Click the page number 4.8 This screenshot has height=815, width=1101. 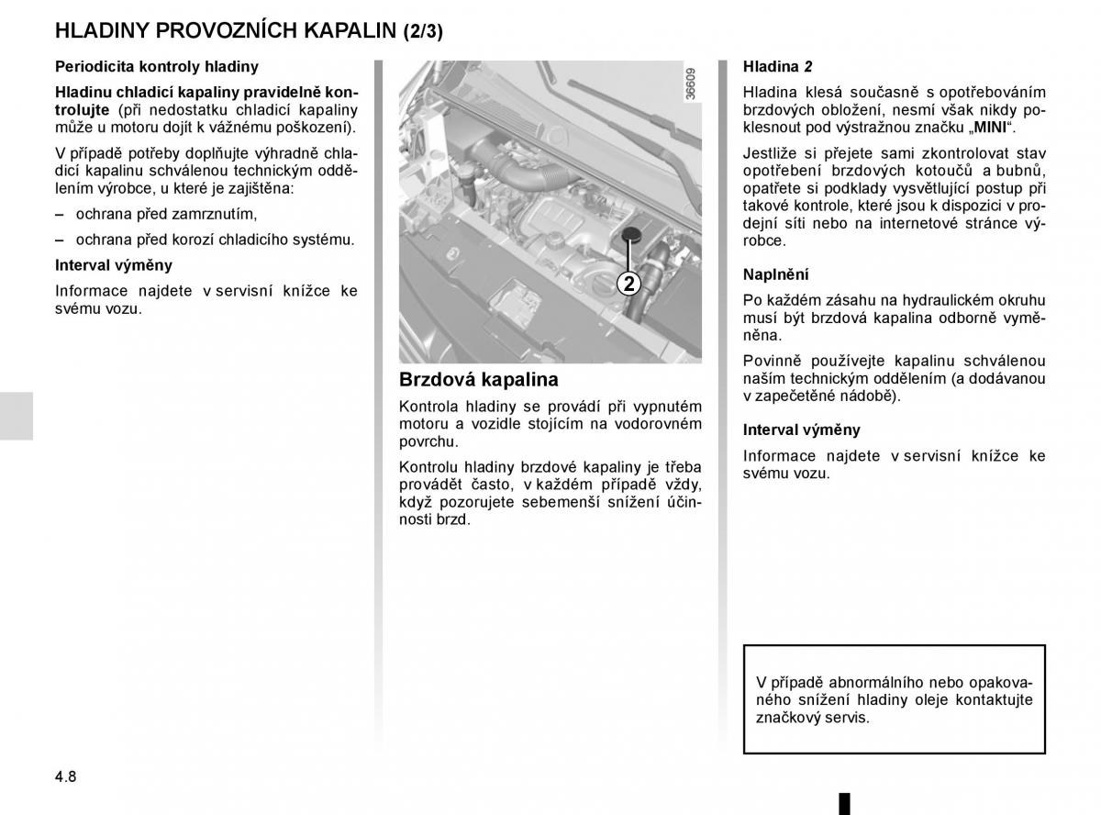[x=65, y=776]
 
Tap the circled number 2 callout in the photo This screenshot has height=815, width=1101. [x=628, y=284]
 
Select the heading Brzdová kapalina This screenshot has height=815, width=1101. [x=478, y=379]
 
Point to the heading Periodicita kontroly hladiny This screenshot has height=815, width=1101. [x=157, y=67]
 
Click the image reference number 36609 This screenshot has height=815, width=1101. [x=690, y=84]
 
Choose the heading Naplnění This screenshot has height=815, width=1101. [x=775, y=274]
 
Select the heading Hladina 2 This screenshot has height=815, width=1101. [x=777, y=67]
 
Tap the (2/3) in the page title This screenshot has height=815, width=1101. [x=423, y=30]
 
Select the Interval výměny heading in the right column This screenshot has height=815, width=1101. [x=801, y=430]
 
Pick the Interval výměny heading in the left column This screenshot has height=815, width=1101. [x=114, y=265]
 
